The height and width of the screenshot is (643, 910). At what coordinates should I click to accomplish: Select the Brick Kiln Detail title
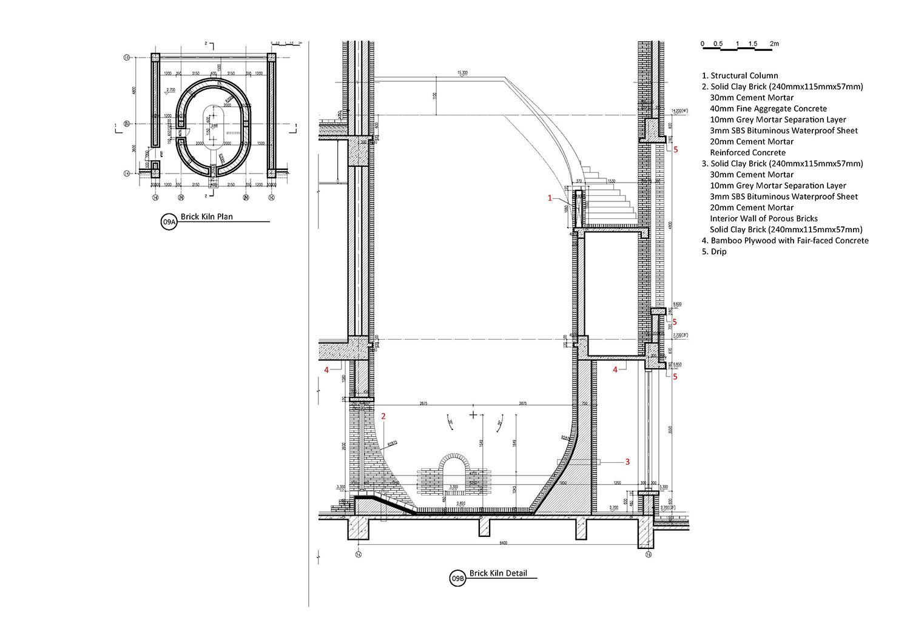point(498,573)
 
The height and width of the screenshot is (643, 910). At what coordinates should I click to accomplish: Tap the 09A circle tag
point(169,223)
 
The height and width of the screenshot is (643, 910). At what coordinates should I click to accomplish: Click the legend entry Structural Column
point(740,76)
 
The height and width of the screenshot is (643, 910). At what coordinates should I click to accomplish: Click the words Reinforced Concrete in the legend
point(747,153)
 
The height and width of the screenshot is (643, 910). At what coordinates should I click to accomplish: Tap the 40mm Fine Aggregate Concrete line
point(768,109)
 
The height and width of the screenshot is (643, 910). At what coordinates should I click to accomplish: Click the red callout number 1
point(550,198)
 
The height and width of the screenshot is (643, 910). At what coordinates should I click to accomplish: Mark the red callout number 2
point(383,416)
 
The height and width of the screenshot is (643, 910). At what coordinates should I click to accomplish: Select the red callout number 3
point(627,462)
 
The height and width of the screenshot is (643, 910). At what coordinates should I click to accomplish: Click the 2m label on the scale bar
point(773,44)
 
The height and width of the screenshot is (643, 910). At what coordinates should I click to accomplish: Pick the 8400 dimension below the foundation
point(500,542)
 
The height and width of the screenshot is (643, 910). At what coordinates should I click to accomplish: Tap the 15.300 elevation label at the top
point(462,73)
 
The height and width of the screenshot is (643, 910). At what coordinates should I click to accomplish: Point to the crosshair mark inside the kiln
point(473,415)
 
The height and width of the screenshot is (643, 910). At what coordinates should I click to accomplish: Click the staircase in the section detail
point(610,194)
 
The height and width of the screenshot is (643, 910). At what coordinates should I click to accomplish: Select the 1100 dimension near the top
point(434,96)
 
